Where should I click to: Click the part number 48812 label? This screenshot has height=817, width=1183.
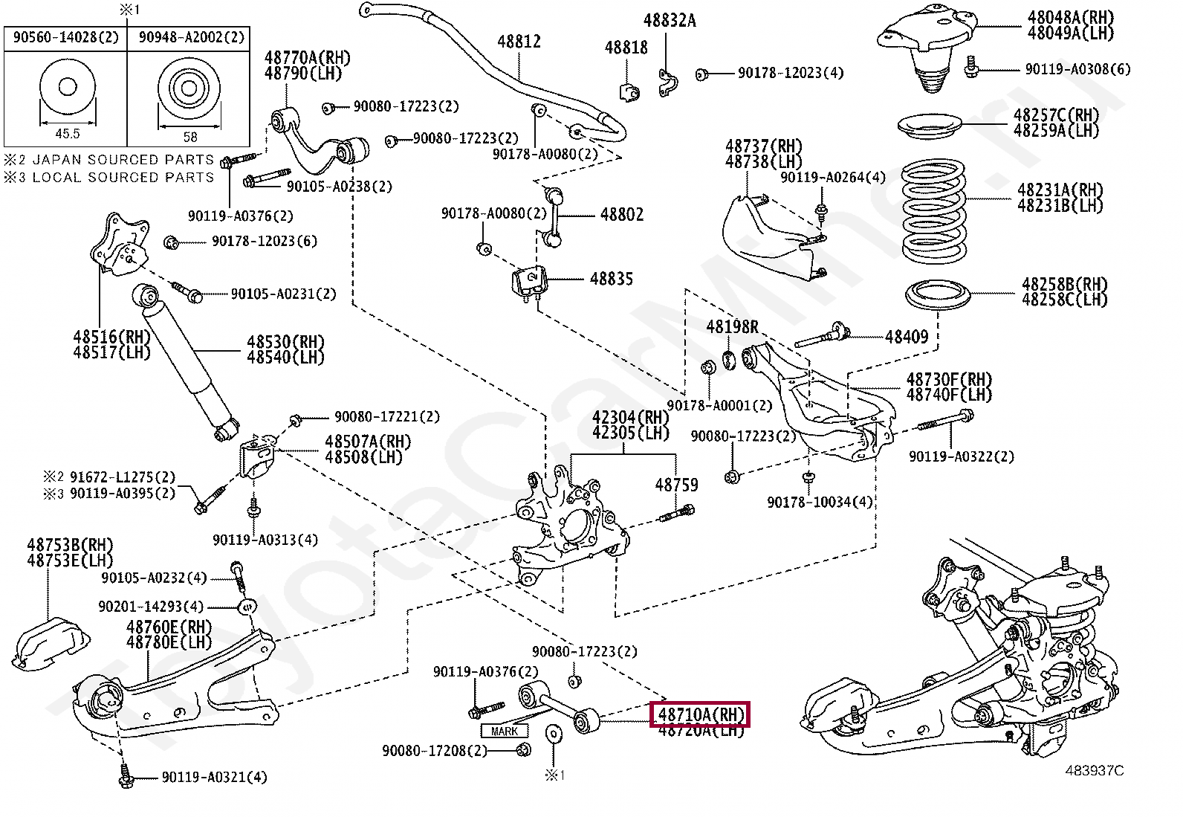519,42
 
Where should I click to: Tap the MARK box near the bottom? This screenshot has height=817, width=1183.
505,731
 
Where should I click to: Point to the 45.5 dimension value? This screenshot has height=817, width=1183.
67,135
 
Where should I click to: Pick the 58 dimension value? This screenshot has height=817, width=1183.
190,137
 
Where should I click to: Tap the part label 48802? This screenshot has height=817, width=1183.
622,215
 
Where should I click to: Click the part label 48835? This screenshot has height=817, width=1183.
612,280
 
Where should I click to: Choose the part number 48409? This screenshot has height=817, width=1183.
907,337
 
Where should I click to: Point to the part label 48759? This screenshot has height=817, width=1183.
676,485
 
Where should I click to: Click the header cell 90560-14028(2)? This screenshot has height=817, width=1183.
65,37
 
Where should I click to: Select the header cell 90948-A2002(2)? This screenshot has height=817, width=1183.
190,37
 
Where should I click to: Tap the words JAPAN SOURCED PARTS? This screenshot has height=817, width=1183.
123,160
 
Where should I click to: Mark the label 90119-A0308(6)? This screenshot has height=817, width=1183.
1077,69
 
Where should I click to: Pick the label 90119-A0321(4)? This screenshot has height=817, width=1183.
214,778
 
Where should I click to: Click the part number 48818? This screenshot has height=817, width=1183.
626,48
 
